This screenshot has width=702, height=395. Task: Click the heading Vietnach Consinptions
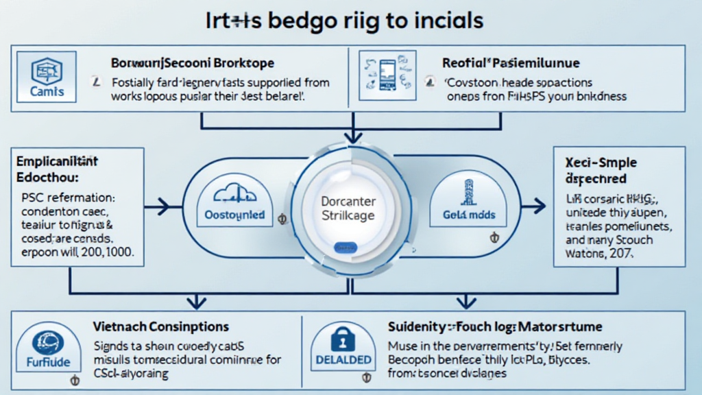coord(162,327)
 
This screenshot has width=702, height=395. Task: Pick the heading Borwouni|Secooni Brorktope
coord(193,63)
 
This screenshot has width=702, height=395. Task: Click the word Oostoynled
coord(235,215)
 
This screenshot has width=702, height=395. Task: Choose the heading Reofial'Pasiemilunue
coord(511,63)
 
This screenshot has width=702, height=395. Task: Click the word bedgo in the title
coord(300,20)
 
